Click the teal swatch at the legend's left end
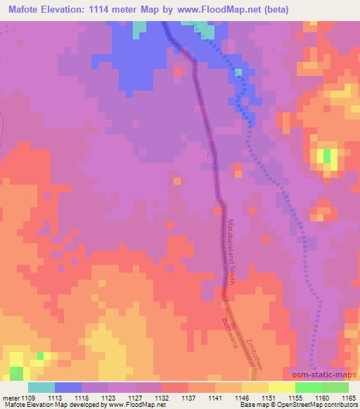(41, 387)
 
